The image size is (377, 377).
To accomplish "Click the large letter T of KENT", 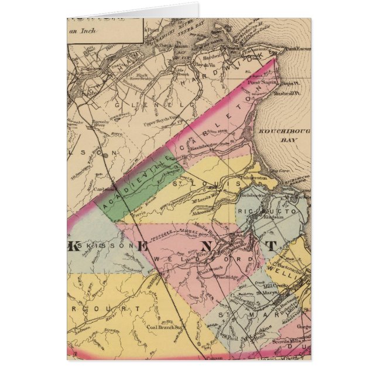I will pos(272,246).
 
